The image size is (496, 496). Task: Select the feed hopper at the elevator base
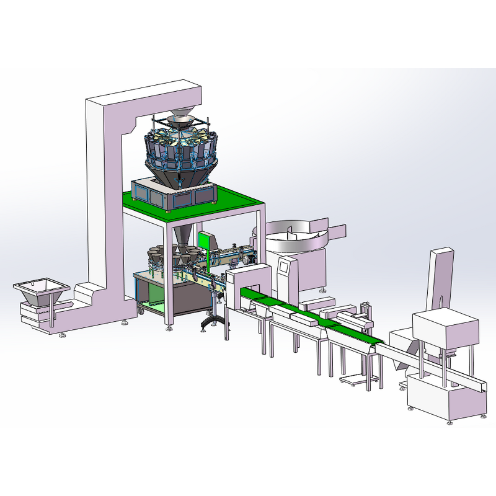(41, 291)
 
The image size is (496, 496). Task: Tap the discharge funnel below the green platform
(184, 236)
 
